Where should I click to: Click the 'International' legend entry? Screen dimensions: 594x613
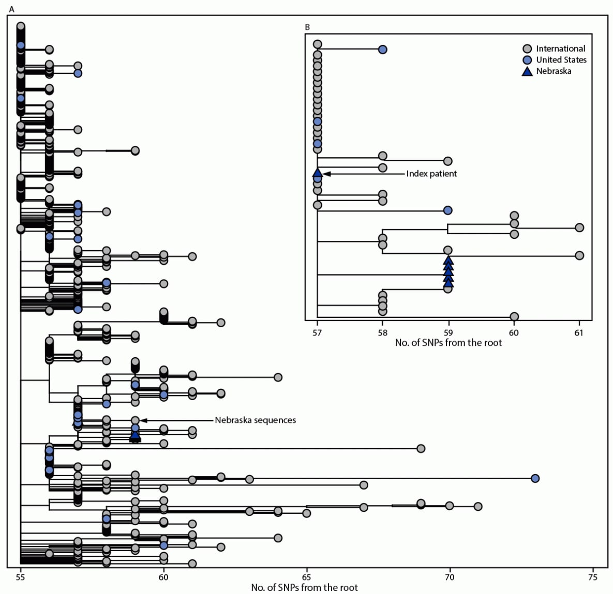[560, 49]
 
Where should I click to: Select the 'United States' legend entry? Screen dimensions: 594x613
[561, 60]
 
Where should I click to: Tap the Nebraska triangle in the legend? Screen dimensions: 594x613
[527, 71]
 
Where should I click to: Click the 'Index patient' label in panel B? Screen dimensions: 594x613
[431, 174]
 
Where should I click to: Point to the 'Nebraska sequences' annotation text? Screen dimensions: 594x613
[255, 420]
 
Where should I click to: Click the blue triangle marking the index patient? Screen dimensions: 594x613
[318, 173]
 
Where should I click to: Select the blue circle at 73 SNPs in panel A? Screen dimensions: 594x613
[535, 478]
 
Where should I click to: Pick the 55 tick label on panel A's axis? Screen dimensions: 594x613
[21, 576]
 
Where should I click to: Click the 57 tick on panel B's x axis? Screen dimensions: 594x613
[317, 332]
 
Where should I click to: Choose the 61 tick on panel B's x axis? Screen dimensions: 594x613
[579, 332]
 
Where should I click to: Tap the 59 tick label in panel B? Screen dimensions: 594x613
[448, 332]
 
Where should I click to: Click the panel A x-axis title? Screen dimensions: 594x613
[304, 587]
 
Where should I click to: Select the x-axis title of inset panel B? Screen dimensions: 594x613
[448, 343]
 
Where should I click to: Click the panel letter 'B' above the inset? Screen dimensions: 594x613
[307, 27]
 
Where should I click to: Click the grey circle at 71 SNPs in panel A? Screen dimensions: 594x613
[478, 506]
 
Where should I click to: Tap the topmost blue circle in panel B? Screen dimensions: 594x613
[382, 50]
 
